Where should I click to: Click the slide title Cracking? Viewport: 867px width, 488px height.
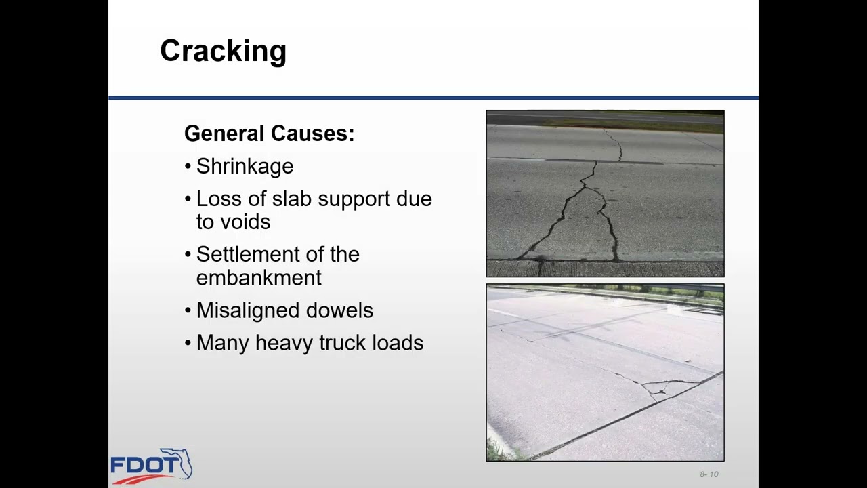tap(223, 52)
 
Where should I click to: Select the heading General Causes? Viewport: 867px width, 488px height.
tap(269, 134)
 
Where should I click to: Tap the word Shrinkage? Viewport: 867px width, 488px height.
tap(245, 167)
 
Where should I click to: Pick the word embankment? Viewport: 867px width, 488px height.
tap(259, 278)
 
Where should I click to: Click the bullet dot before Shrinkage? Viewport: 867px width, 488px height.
tap(188, 167)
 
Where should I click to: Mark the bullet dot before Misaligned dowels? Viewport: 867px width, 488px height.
tap(188, 310)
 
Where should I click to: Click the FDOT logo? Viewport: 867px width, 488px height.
tap(150, 466)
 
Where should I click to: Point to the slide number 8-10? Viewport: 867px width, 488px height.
tap(709, 474)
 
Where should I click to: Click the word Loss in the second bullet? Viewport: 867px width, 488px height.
tap(217, 199)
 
